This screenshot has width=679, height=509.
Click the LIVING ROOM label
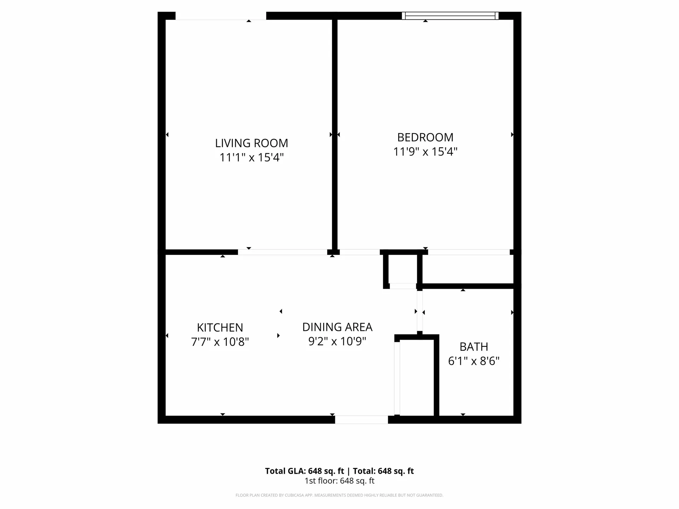(x=251, y=143)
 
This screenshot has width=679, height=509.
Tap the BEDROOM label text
(x=425, y=137)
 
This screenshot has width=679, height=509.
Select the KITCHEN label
(x=220, y=328)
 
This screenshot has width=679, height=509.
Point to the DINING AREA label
(x=337, y=327)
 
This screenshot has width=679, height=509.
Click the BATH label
(x=474, y=347)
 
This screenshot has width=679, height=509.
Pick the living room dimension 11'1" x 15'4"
(x=251, y=157)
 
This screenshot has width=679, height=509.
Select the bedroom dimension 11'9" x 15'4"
(x=425, y=152)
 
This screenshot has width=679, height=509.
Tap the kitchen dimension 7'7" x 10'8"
(x=220, y=342)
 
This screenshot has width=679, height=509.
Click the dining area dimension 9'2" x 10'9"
(x=337, y=341)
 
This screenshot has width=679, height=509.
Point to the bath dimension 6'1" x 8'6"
(x=474, y=361)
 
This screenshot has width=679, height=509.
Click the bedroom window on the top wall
(x=450, y=16)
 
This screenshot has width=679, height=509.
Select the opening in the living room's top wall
(x=221, y=16)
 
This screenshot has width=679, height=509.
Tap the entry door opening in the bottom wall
(x=361, y=420)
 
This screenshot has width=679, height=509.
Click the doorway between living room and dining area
(x=283, y=252)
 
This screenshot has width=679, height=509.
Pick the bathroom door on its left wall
(x=420, y=311)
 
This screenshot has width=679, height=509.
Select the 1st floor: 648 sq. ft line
(x=339, y=481)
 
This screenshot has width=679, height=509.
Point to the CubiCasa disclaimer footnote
(x=339, y=495)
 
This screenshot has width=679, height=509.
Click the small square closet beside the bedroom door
(x=403, y=269)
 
